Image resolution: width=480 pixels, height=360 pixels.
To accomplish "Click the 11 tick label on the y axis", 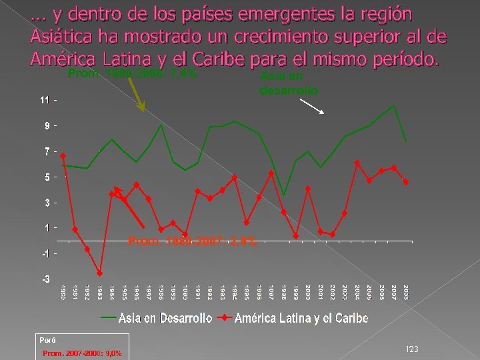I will tap(45, 100).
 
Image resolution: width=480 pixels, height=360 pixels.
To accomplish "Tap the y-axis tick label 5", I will tap(47, 177).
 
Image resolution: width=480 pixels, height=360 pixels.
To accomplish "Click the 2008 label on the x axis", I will tap(406, 292).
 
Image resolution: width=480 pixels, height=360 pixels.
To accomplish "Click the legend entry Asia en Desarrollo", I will tap(165, 318).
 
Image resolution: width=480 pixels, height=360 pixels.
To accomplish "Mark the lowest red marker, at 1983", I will tap(99, 273).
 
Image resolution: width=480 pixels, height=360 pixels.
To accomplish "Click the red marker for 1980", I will tap(63, 155).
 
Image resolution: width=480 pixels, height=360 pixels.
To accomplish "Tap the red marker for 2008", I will tap(406, 182).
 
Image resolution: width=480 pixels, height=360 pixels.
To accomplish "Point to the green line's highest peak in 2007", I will tap(394, 105).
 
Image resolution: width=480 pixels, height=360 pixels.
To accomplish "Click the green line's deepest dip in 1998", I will tap(284, 195).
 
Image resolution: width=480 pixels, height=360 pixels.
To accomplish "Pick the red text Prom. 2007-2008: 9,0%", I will tap(81, 353).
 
